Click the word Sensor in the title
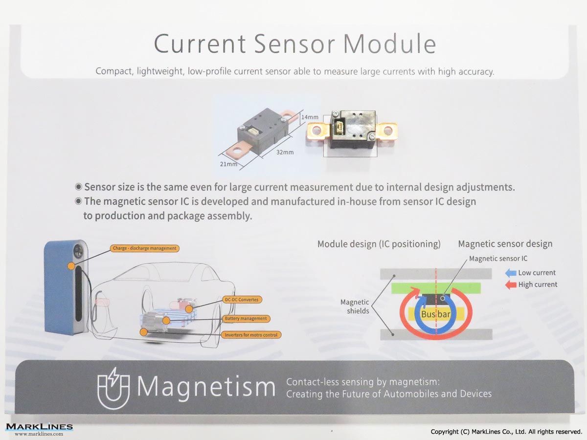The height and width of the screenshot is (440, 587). [x=294, y=44]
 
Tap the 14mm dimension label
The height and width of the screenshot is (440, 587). [x=310, y=117]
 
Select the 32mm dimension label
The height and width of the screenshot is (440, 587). [x=285, y=152]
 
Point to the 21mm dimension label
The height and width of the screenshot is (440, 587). [x=228, y=164]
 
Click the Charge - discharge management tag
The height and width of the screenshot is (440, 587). [x=145, y=248]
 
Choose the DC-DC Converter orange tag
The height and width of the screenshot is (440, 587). [x=242, y=300]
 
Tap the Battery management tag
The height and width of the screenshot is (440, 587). [x=246, y=318]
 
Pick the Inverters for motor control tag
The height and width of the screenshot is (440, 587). [x=251, y=335]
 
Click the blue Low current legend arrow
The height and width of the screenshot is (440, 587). [x=511, y=273]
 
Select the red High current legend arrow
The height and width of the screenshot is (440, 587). [x=511, y=285]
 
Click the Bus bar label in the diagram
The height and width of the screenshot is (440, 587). [x=436, y=314]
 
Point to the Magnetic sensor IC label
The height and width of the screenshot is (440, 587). [x=498, y=259]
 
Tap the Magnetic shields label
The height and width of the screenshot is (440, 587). [x=355, y=307]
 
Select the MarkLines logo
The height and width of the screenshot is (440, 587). [x=39, y=429]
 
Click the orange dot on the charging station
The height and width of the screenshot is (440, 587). [x=71, y=266]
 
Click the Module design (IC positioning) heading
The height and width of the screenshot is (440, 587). [x=379, y=244]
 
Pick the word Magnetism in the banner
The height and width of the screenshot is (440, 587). [x=206, y=388]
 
